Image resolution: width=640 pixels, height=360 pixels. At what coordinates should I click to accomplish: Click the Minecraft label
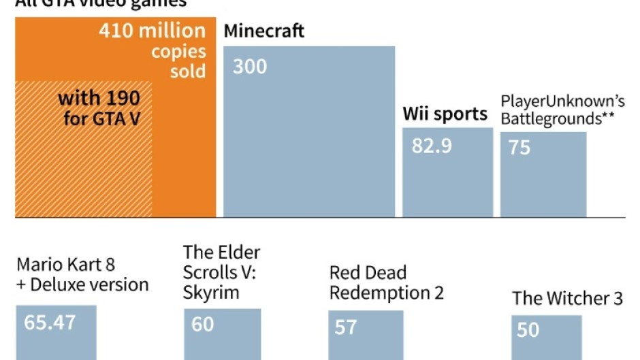[264, 31]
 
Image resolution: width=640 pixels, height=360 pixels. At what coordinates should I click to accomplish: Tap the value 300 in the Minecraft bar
[249, 67]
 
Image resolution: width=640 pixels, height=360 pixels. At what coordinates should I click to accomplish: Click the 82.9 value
[432, 146]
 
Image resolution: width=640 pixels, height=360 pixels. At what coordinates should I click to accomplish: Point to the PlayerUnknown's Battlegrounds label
[562, 109]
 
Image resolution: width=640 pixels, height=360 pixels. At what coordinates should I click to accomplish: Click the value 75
[519, 147]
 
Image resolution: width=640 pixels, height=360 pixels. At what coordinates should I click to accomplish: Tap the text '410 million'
[151, 31]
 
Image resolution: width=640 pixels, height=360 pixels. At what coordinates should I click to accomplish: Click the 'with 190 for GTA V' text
[99, 108]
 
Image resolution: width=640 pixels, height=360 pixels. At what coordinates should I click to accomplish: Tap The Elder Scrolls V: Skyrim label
[221, 272]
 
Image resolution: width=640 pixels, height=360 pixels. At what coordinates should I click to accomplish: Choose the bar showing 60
[222, 337]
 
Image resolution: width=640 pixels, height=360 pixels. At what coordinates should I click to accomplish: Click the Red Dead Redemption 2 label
[386, 283]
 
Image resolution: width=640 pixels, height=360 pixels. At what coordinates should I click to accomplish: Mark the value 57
[345, 327]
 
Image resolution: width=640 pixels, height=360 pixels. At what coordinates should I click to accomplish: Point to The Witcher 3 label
[567, 298]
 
